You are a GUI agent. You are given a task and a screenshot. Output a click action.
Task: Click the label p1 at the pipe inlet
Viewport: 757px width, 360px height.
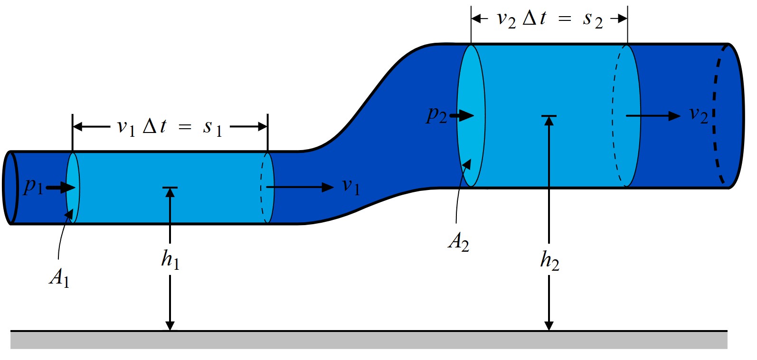coord(33,187)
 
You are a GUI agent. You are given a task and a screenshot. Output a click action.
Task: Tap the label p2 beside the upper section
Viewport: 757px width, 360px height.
coord(436,115)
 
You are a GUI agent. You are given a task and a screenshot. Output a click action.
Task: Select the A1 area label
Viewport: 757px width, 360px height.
coord(59,277)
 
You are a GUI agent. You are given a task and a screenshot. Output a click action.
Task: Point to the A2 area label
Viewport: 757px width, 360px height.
coord(458,242)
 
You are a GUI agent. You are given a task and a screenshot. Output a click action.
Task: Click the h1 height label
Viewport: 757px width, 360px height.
coord(170,259)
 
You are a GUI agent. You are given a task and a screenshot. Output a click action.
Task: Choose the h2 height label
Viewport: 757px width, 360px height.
coord(549,260)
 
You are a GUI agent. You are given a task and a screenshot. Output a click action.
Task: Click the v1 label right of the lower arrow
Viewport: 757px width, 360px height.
coord(351,186)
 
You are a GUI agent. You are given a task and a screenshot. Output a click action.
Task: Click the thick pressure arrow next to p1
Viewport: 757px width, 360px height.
coord(60,188)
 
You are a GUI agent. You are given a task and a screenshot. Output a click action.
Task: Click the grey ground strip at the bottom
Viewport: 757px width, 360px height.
coord(369,340)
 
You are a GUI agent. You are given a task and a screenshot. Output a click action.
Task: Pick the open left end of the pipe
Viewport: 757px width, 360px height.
coord(10,188)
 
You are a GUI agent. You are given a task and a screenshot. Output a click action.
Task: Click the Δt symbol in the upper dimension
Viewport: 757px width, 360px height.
coord(534,19)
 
